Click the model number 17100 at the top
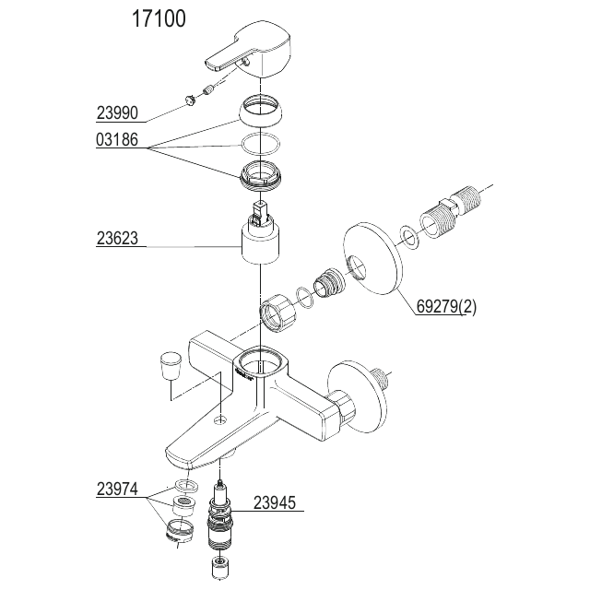point(159,18)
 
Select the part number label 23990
point(117,112)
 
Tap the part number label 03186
point(117,139)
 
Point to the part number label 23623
point(117,238)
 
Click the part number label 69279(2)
point(446,307)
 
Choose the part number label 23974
point(117,490)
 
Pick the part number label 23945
point(275,502)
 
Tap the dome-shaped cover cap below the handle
point(260,111)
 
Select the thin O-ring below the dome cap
point(260,144)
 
